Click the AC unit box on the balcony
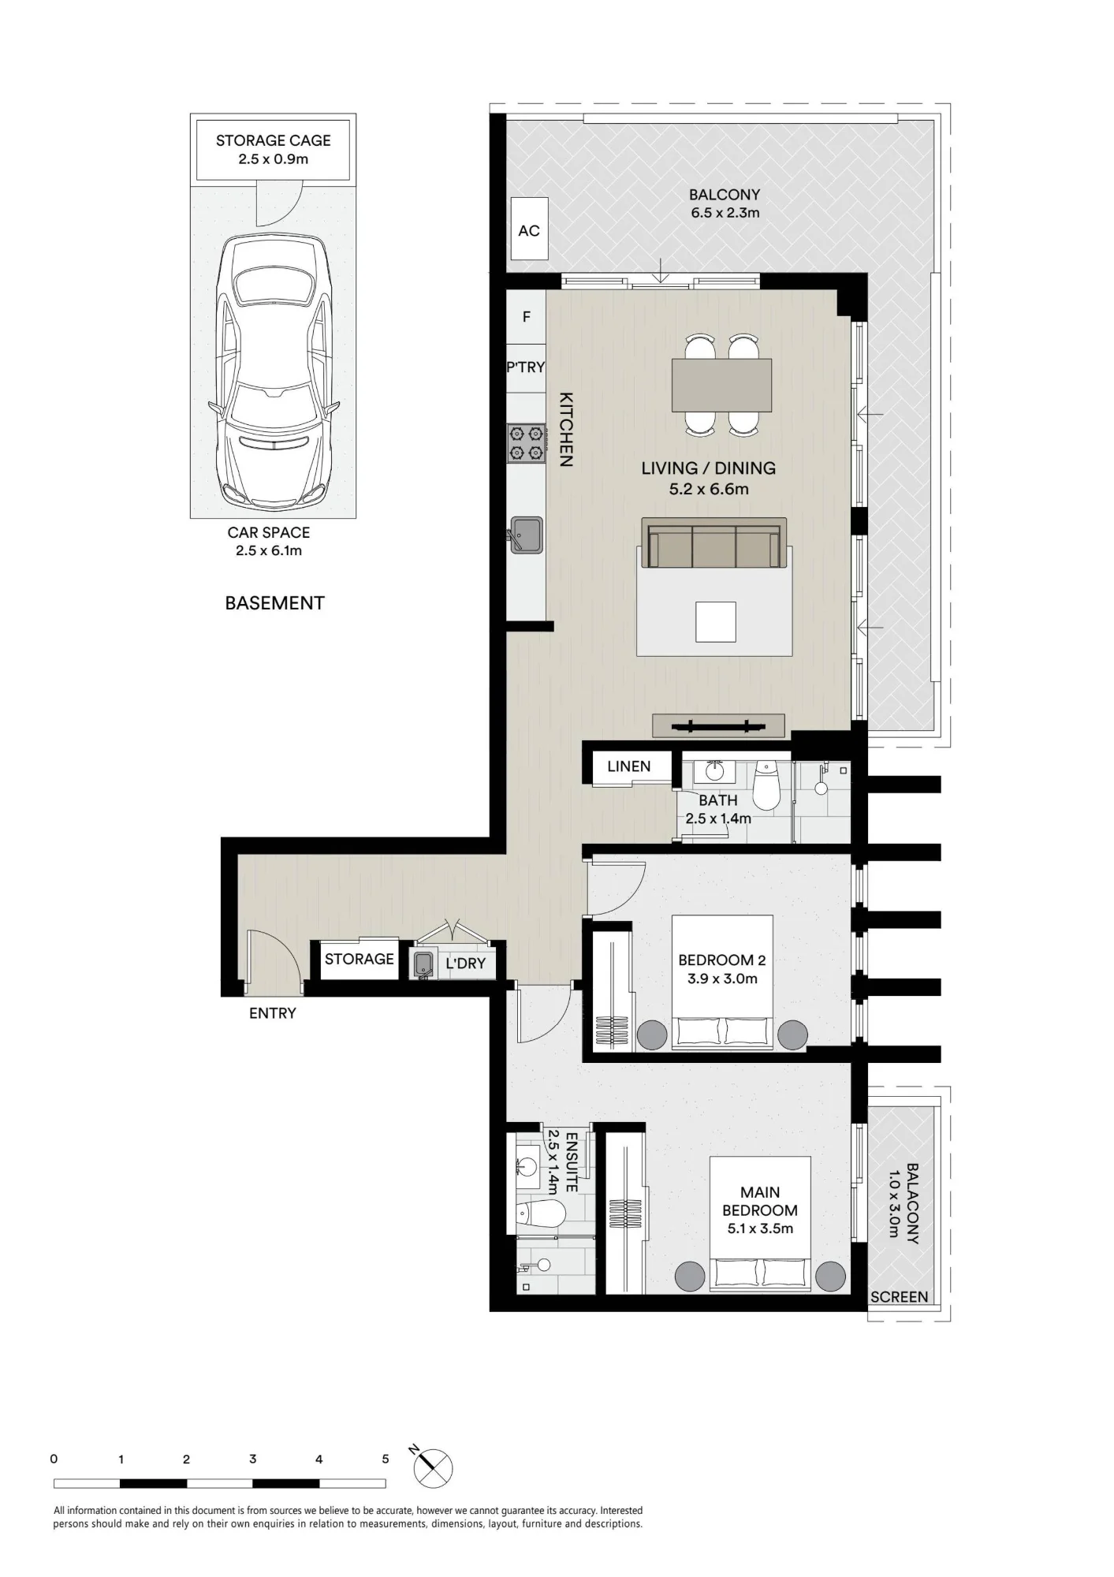click(529, 229)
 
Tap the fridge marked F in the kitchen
click(526, 317)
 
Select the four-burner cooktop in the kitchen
click(527, 443)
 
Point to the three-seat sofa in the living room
click(714, 542)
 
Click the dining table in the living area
click(721, 385)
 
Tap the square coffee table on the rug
click(715, 622)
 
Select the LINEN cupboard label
click(629, 766)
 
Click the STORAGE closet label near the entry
click(360, 959)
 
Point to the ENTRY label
click(273, 1013)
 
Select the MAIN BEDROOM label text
click(760, 1201)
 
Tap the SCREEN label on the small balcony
click(900, 1297)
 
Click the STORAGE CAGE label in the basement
click(274, 140)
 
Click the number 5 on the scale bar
click(386, 1459)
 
